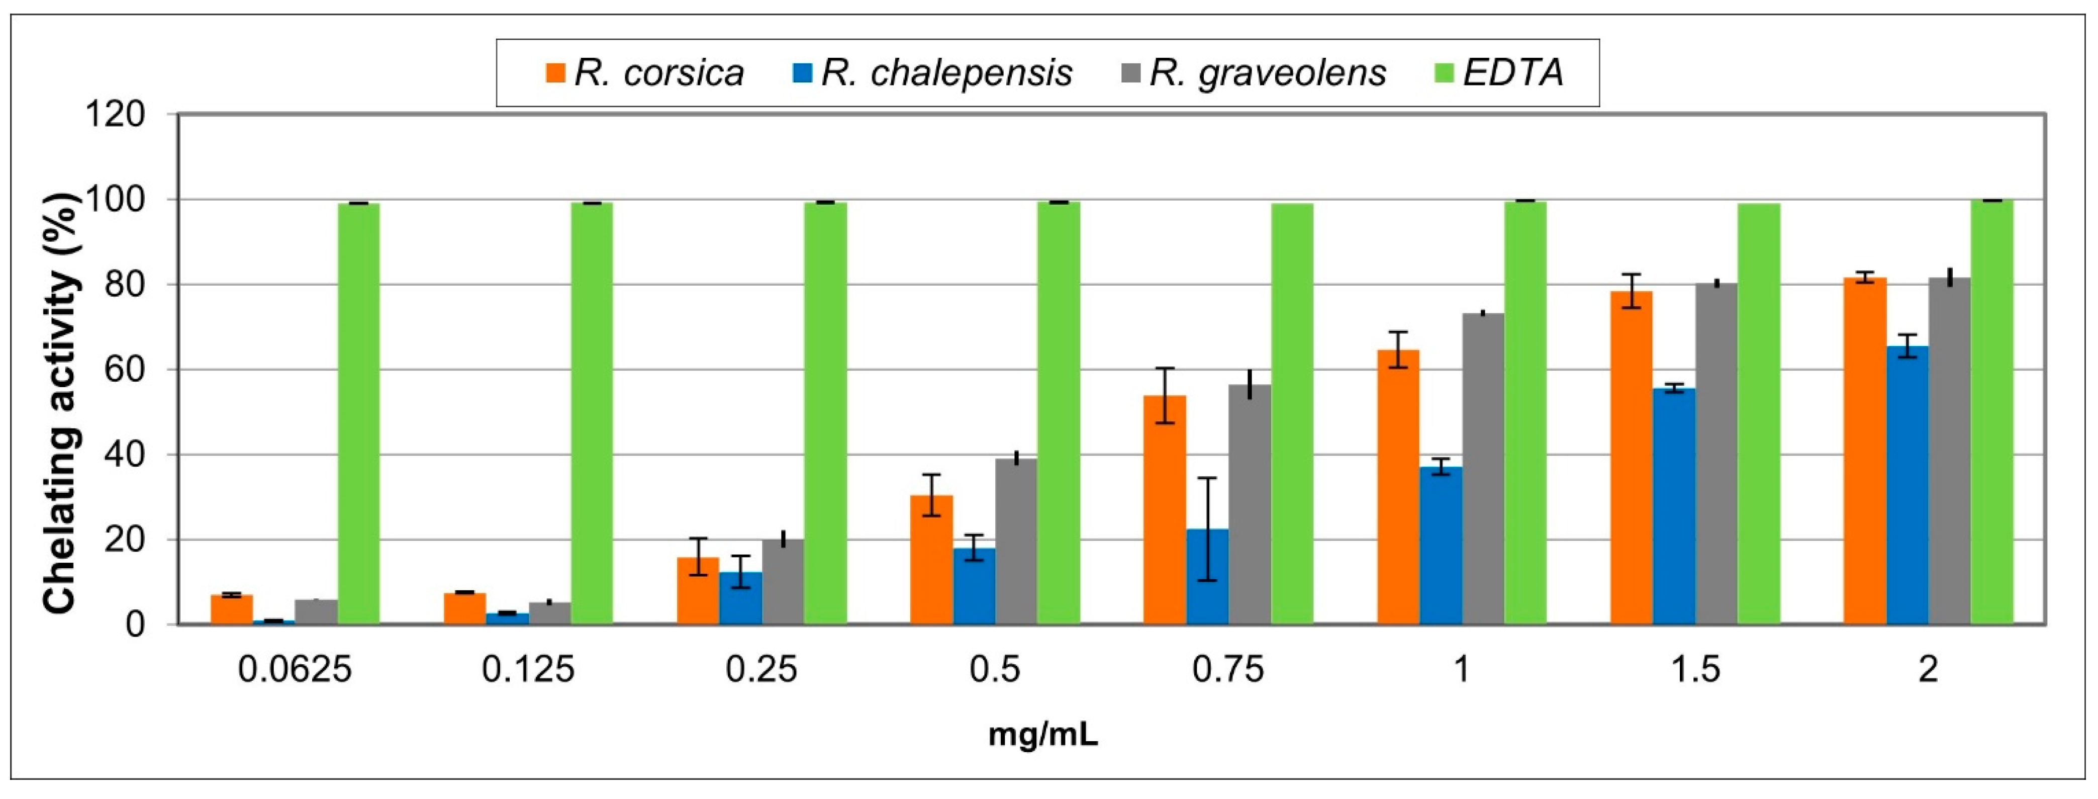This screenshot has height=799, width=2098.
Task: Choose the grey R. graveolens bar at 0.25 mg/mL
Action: pos(783,582)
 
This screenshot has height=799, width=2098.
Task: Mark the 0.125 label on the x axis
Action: pos(528,669)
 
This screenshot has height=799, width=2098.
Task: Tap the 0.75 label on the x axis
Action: pos(1228,669)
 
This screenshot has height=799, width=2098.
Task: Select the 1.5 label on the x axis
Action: pos(1696,669)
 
